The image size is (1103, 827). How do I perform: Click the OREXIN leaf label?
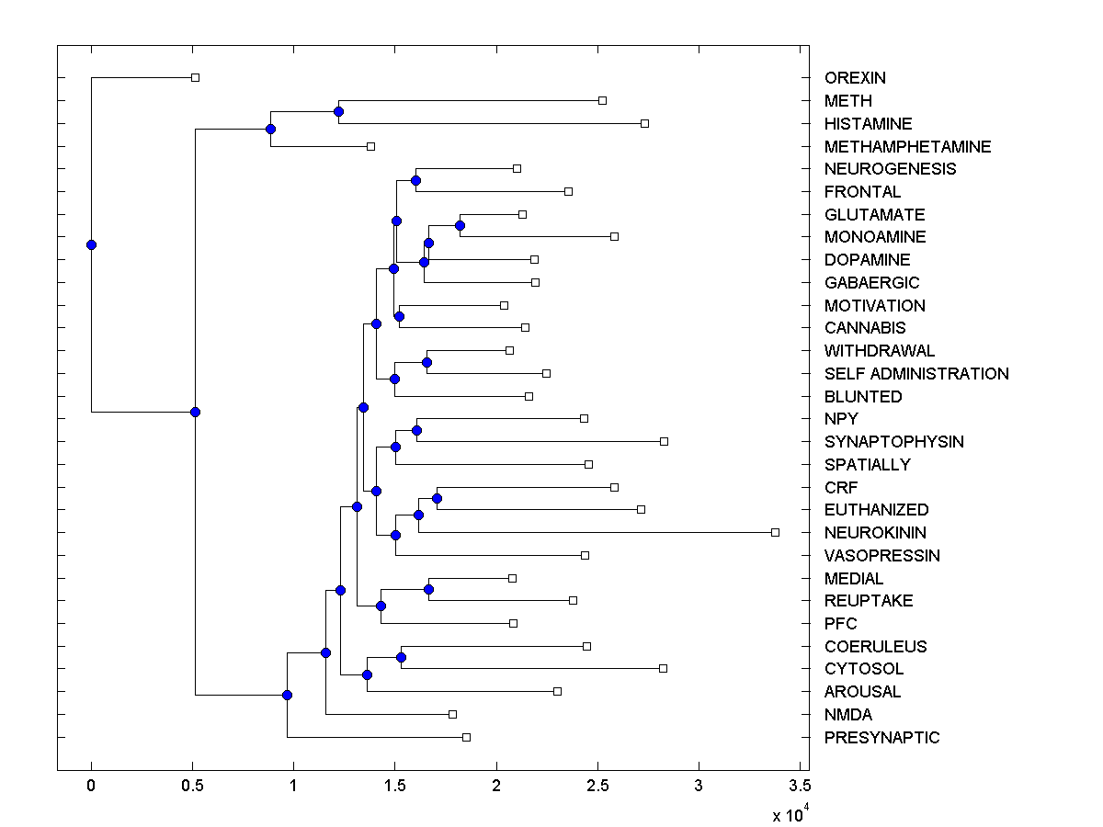[x=855, y=78]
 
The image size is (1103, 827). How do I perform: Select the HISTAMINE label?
[x=868, y=123]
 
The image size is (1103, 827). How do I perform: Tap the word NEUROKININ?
[x=875, y=533]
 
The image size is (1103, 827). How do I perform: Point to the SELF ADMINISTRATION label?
[x=916, y=374]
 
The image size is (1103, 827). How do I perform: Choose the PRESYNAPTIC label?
[x=881, y=738]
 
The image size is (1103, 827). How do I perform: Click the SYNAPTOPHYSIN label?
[x=893, y=442]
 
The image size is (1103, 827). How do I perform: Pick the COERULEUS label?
[x=875, y=647]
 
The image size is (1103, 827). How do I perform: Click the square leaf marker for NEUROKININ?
[x=775, y=532]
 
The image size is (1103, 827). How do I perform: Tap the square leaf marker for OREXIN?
[x=195, y=77]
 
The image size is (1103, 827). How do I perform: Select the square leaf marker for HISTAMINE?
[x=644, y=123]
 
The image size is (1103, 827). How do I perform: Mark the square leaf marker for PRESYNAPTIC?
[x=466, y=737]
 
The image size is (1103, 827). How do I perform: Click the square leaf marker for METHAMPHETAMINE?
[x=370, y=146]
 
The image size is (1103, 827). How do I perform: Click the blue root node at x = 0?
[x=91, y=244]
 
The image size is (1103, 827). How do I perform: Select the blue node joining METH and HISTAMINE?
[x=338, y=111]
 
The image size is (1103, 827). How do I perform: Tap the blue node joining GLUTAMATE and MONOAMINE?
[x=460, y=225]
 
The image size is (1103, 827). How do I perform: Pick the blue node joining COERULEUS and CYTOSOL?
[x=401, y=657]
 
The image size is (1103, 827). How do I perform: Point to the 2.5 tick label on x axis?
[x=597, y=787]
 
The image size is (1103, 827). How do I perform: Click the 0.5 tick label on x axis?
[x=191, y=787]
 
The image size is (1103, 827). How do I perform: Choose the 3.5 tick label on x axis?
[x=800, y=787]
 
